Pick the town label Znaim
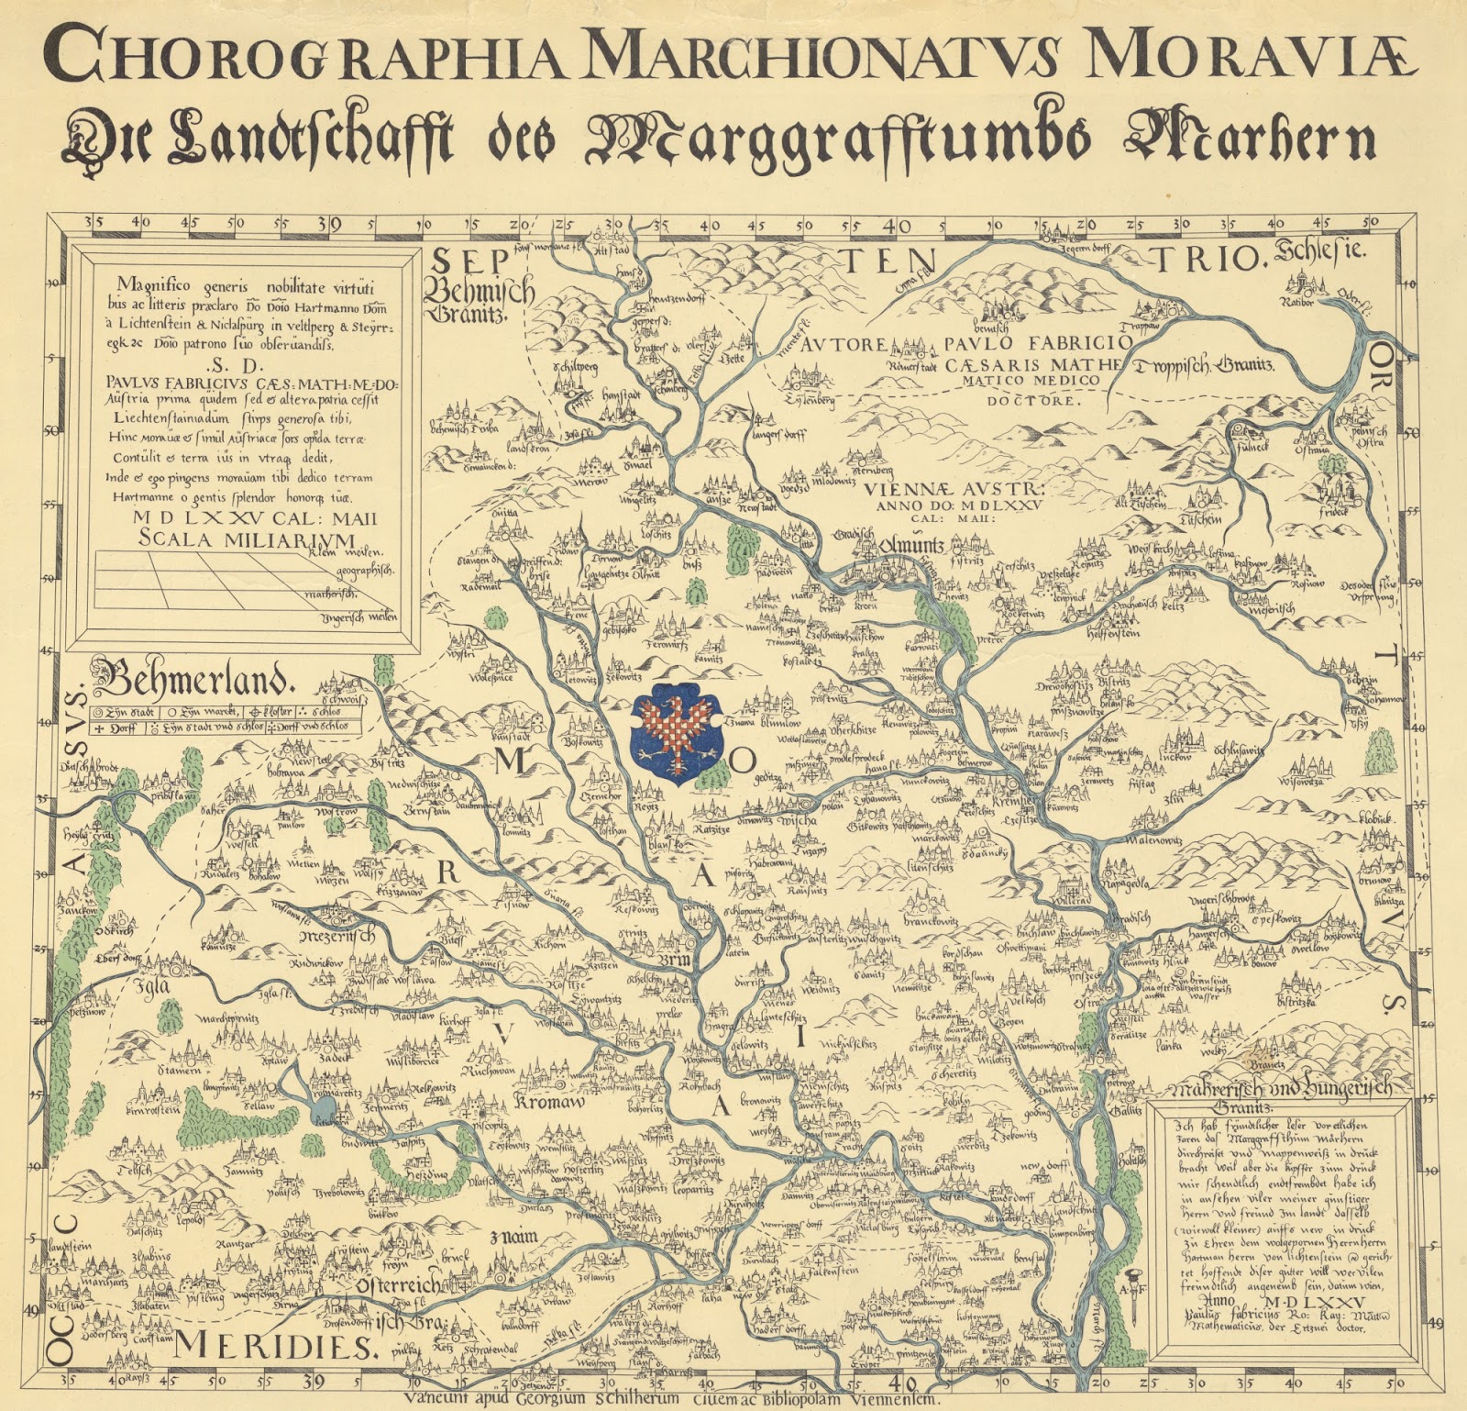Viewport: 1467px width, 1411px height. pos(513,1237)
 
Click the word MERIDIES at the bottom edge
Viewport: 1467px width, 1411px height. pos(276,1347)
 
